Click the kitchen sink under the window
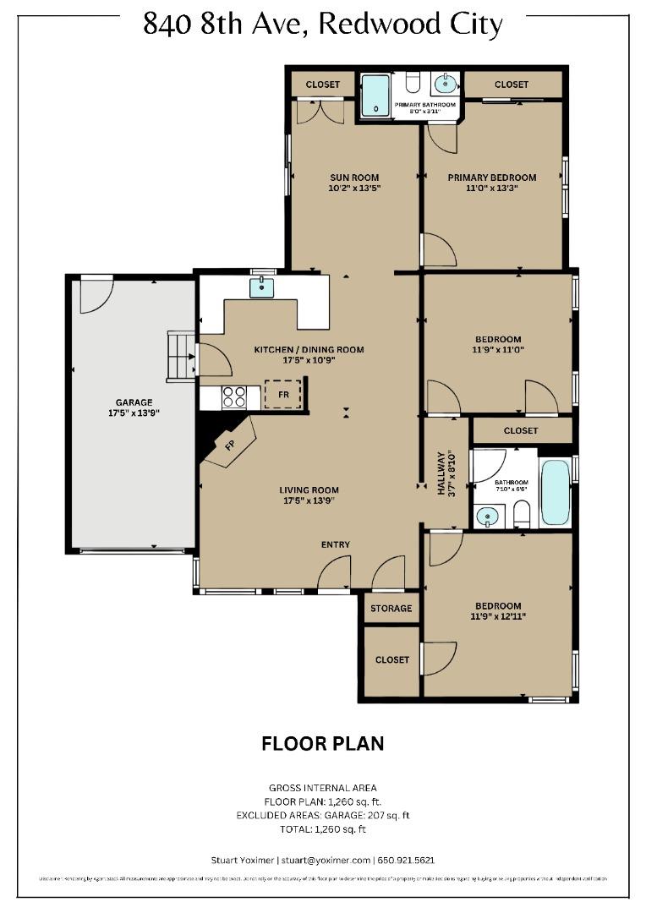point(262,289)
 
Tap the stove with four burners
point(234,396)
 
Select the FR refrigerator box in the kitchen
point(282,394)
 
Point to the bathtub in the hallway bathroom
point(556,494)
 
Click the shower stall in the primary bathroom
point(375,96)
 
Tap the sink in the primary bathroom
point(444,84)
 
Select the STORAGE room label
point(391,608)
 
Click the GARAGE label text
point(134,402)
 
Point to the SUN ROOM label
point(353,178)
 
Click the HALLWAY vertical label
point(441,473)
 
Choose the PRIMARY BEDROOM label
point(491,178)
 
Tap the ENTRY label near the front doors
point(335,544)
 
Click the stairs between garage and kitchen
point(182,356)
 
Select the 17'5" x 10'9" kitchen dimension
point(309,360)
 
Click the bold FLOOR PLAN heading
point(322,744)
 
